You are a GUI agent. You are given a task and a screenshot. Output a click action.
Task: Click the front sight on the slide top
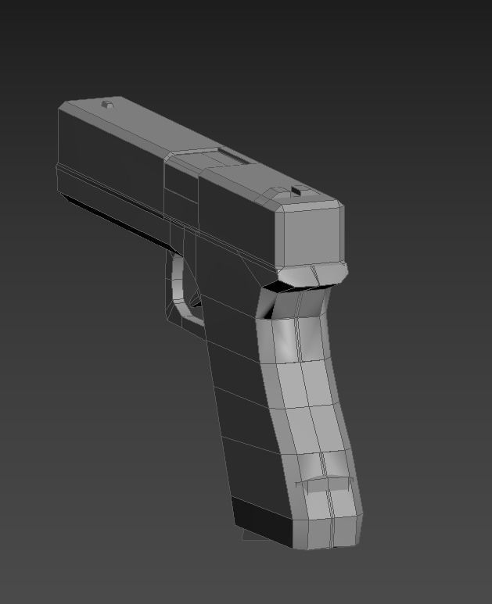(x=109, y=104)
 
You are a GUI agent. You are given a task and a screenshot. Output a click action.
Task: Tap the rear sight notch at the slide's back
(x=295, y=190)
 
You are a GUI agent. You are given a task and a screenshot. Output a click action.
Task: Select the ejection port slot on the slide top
(x=232, y=159)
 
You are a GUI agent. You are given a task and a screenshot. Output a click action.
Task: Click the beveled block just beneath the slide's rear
(x=313, y=274)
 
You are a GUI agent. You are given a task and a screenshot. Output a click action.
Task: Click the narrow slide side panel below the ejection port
(x=181, y=192)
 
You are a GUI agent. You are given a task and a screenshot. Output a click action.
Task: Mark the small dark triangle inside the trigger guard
(x=196, y=300)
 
